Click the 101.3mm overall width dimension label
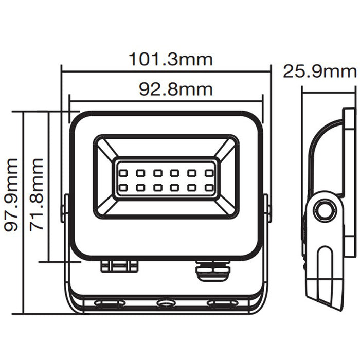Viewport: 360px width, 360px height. tap(170, 60)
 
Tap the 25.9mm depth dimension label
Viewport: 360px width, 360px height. tap(319, 71)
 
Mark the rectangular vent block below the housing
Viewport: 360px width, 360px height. tap(119, 266)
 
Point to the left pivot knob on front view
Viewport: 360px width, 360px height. tap(65, 208)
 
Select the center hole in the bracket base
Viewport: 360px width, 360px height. tap(166, 304)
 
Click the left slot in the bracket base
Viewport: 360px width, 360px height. tap(110, 304)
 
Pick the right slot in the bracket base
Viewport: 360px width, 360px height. tap(222, 304)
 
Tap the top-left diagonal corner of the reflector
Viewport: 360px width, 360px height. tap(106, 149)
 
